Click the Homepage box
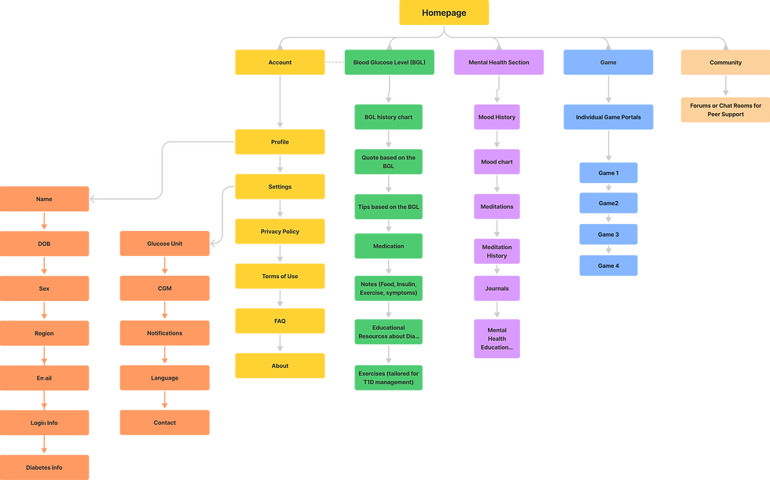pos(444,13)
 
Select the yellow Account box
pos(280,62)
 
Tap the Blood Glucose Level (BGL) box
pos(389,62)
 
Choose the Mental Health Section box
pos(499,62)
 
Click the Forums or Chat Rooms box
pos(725,110)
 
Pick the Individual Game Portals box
pos(608,117)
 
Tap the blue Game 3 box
pos(608,234)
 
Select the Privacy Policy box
pos(280,231)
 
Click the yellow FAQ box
pos(280,321)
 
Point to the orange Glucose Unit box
pos(164,244)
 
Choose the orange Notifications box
pos(164,333)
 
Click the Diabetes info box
pos(46,467)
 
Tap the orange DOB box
pos(44,244)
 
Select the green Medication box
pos(388,246)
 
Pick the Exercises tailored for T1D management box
pos(388,377)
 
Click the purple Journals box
pos(497,288)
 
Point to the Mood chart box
pos(497,162)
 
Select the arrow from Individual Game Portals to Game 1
pos(608,146)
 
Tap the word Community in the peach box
pos(725,63)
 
